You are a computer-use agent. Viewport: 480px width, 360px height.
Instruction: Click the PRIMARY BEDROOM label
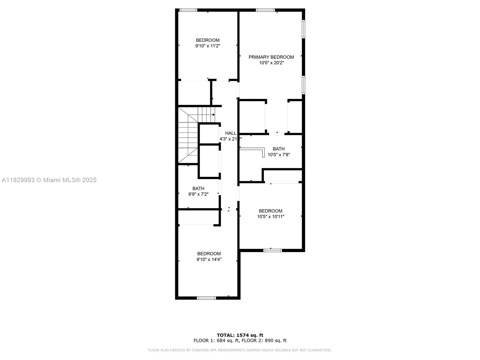(271, 57)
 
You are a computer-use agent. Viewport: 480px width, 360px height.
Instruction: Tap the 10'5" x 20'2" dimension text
(271, 63)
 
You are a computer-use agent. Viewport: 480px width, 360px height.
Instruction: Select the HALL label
(231, 133)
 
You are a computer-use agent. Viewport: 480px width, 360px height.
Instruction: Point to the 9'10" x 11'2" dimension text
(208, 46)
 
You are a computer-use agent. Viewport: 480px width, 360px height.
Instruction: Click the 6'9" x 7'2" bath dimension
(198, 194)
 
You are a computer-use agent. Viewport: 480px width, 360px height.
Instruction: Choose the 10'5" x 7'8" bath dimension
(279, 155)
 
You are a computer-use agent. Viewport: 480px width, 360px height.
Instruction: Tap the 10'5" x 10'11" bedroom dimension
(271, 217)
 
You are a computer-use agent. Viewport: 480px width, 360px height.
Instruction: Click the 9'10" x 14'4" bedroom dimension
(209, 259)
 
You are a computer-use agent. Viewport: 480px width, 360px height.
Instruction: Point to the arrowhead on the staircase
(214, 115)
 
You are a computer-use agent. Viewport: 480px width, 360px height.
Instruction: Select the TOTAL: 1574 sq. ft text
(240, 335)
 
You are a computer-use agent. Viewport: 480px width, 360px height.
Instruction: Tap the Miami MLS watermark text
(49, 180)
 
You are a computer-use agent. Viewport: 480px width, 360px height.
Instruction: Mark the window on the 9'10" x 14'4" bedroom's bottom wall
(206, 298)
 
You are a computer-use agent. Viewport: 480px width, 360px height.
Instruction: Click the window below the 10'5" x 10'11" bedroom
(272, 250)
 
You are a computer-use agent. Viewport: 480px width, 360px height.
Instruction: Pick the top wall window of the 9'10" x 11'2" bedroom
(188, 10)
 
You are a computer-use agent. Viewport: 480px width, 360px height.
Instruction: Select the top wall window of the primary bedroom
(265, 10)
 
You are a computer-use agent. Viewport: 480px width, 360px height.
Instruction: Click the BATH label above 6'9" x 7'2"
(198, 188)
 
